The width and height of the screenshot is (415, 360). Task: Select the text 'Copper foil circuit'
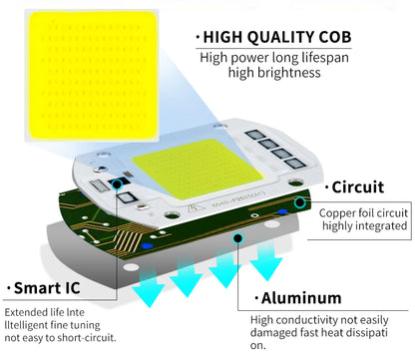363,212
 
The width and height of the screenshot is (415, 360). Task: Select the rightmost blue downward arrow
266,265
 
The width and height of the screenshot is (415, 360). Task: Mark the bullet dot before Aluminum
253,298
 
